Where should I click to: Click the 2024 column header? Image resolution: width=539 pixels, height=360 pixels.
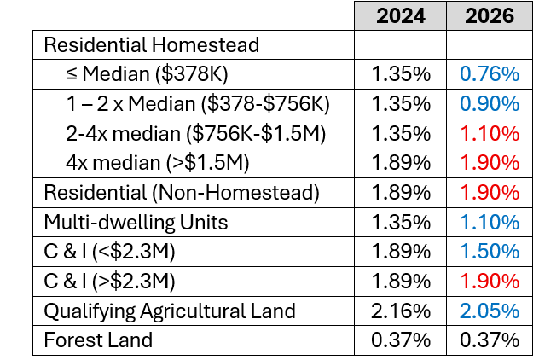click(x=400, y=15)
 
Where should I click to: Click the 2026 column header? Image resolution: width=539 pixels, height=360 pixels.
click(x=490, y=15)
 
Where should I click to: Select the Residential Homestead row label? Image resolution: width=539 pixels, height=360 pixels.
click(x=151, y=44)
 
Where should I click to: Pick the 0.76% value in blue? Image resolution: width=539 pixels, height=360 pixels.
click(x=490, y=74)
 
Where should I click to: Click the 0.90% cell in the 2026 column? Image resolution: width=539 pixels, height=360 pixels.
click(x=490, y=104)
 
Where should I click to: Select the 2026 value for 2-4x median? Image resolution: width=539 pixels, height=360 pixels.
click(x=490, y=133)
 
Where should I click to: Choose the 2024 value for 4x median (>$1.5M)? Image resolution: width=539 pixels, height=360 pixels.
click(x=400, y=163)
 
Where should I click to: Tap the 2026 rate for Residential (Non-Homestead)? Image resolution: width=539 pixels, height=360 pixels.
click(x=490, y=192)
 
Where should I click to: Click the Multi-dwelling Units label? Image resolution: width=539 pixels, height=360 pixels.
click(x=136, y=222)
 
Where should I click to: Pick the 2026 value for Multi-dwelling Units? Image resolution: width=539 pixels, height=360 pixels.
click(x=490, y=222)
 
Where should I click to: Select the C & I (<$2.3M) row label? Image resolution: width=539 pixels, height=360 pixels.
click(x=114, y=252)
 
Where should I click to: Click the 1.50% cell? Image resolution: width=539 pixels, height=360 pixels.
click(x=490, y=252)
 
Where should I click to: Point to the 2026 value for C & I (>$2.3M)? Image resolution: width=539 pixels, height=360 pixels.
click(x=490, y=281)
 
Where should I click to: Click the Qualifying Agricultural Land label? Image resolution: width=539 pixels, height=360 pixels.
click(x=170, y=311)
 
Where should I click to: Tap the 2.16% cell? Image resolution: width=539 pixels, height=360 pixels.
click(x=400, y=311)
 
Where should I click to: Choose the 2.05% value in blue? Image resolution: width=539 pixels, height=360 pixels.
click(x=490, y=311)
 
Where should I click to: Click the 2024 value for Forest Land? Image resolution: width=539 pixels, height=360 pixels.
click(x=400, y=340)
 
